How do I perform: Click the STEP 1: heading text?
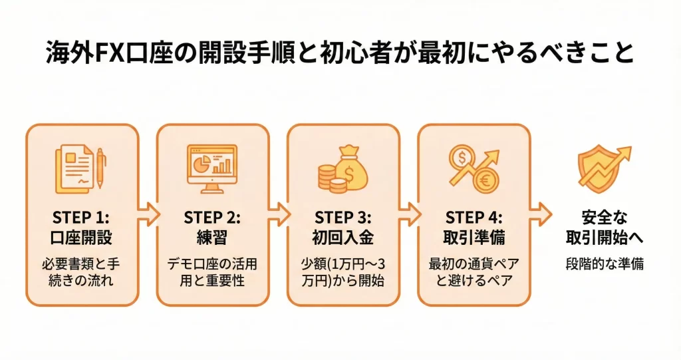tap(82, 218)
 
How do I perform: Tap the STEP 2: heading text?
tap(212, 218)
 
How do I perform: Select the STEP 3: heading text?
tap(343, 218)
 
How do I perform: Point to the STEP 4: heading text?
tap(474, 218)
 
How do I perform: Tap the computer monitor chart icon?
tap(212, 168)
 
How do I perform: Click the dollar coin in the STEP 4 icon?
tap(461, 158)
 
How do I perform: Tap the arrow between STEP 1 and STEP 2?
tap(148, 214)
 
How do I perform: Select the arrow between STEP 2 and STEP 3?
tap(279, 214)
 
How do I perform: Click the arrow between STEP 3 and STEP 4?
tap(409, 214)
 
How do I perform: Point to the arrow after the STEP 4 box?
tap(541, 214)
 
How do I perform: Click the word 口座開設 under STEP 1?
tap(82, 238)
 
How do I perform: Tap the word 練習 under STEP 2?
tap(212, 238)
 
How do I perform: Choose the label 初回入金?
tap(343, 238)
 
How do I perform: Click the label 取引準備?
tap(474, 238)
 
